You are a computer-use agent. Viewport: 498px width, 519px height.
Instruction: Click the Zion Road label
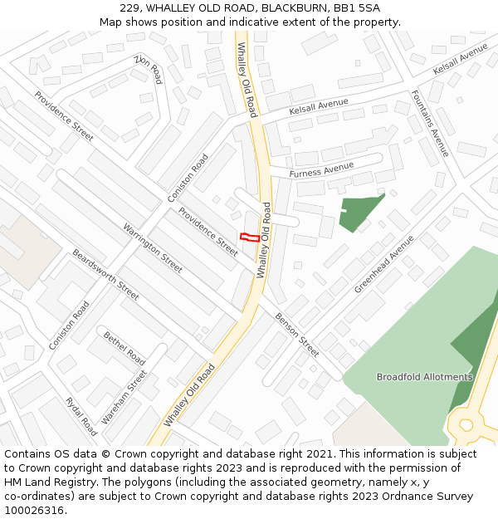[148, 70]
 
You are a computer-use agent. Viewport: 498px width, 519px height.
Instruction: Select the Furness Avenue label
[323, 169]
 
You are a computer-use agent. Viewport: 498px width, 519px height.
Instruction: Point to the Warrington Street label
[153, 247]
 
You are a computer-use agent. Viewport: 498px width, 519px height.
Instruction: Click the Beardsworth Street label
[105, 274]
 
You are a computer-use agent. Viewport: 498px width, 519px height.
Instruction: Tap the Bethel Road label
[124, 349]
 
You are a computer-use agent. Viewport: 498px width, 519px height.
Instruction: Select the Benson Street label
[297, 335]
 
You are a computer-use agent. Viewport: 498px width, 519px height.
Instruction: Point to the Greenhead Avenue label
[383, 264]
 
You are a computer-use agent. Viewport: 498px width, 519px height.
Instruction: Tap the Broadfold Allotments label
[424, 377]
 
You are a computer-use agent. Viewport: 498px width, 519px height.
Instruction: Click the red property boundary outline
[248, 237]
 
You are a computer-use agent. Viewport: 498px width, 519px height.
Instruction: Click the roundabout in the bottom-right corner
[466, 424]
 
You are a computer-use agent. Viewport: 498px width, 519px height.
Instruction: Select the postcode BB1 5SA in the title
[357, 8]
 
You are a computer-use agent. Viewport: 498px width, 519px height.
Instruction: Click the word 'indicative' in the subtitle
[267, 22]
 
